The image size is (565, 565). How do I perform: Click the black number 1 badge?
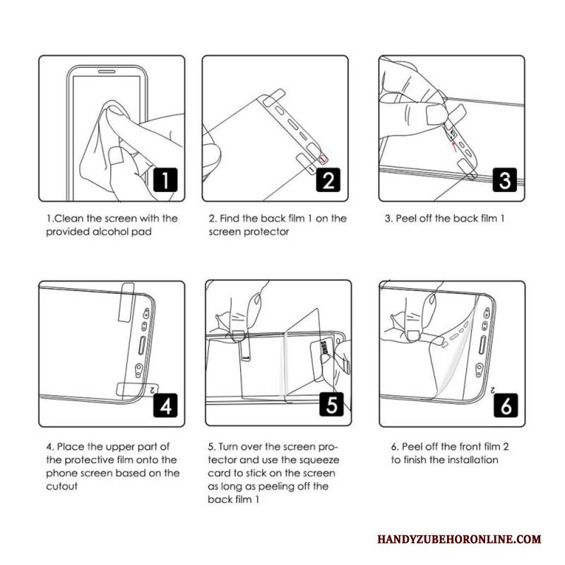(165, 180)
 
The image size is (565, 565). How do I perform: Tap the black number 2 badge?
(328, 180)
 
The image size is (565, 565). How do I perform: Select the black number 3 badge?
(505, 180)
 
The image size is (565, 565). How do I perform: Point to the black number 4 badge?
(165, 405)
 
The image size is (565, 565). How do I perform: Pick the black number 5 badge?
(332, 404)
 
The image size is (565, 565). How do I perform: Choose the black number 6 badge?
(506, 405)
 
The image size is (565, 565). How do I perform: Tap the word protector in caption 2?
(267, 232)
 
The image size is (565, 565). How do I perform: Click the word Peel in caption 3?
(406, 218)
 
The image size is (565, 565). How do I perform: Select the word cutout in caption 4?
(61, 487)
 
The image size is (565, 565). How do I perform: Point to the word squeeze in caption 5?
(319, 460)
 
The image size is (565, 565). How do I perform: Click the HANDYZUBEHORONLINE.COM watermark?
(459, 539)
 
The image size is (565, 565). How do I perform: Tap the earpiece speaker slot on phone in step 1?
(107, 71)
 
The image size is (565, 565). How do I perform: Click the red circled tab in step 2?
(323, 157)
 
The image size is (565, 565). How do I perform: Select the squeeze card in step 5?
(323, 359)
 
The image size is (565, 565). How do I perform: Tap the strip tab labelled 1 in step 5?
(245, 347)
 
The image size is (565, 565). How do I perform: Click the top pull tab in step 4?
(126, 302)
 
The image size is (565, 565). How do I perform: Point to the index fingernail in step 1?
(116, 156)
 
